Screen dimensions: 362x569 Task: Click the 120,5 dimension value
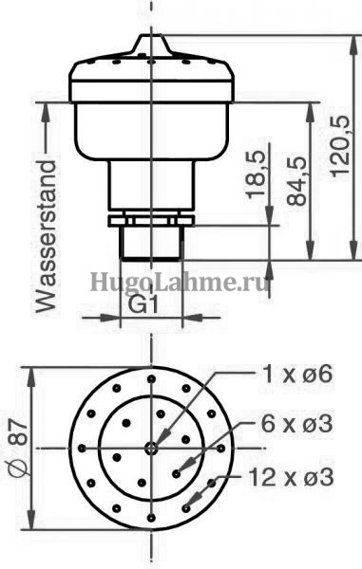(x=341, y=146)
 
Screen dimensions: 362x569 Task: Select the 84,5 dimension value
(x=297, y=181)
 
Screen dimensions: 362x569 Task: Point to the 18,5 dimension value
(x=257, y=174)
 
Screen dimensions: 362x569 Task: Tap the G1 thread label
(x=143, y=306)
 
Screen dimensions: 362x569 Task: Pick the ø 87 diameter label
(x=18, y=448)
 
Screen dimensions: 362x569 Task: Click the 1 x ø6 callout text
(x=297, y=374)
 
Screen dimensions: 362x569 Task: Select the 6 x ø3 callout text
(x=297, y=424)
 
